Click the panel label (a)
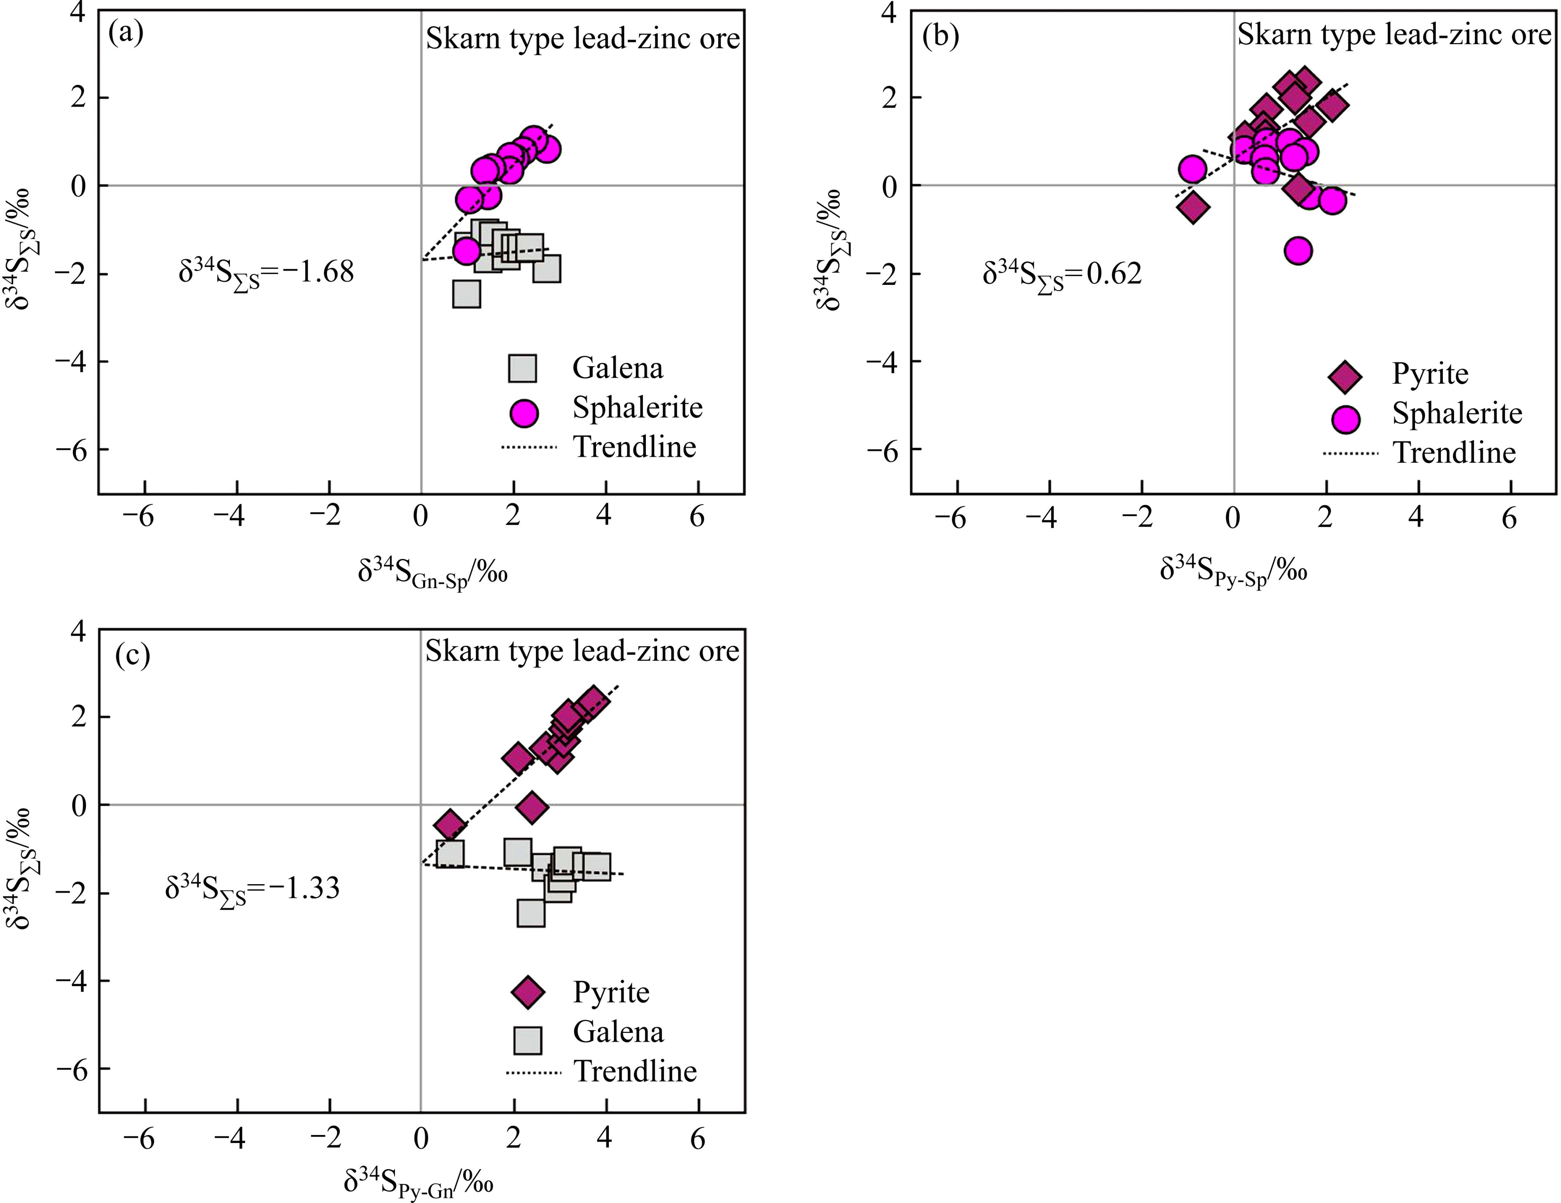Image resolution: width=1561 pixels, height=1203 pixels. tap(126, 33)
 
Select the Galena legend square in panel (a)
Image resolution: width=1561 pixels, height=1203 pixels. tap(523, 368)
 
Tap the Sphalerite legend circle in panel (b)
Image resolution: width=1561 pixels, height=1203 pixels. tap(1345, 419)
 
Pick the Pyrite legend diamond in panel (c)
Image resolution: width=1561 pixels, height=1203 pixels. tap(528, 992)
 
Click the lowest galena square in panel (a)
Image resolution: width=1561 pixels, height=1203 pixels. tap(466, 294)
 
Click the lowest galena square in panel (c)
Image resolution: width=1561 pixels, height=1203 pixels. tap(530, 913)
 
